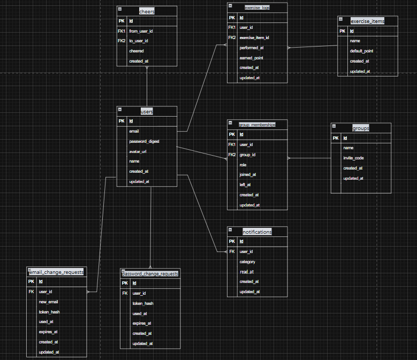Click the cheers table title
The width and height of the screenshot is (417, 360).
point(146,11)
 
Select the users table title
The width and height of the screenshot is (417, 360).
point(147,112)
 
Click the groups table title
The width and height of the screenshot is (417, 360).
point(361,128)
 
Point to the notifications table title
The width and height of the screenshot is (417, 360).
point(256,232)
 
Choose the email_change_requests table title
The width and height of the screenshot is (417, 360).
point(57,272)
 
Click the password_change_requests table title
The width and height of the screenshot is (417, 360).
point(150,274)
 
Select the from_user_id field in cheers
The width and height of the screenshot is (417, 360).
point(141,31)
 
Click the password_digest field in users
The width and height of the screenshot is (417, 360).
point(144,142)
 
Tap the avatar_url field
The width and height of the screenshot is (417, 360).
point(138,151)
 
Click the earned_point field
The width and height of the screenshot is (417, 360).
point(251,58)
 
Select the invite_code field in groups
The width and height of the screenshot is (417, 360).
point(353,158)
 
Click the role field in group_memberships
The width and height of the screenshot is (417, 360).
point(244,165)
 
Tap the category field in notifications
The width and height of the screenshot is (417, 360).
point(247,262)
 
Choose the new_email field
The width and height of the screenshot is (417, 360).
point(48,302)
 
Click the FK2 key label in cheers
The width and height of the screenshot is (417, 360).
point(122,41)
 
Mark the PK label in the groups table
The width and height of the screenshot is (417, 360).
point(336,138)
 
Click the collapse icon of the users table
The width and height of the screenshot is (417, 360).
point(119,110)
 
